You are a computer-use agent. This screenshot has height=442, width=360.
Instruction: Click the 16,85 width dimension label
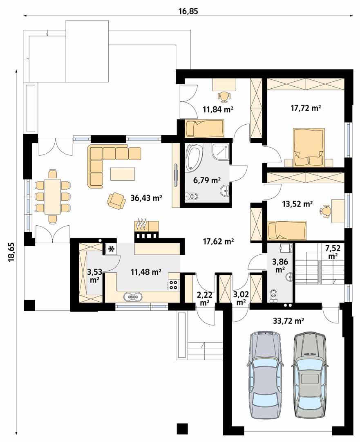pos(188,11)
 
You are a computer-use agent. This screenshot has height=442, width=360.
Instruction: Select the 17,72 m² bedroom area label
pos(304,108)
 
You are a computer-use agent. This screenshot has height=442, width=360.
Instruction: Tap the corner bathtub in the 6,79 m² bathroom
pos(195,158)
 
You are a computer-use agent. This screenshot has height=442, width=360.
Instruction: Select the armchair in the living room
pos(116,200)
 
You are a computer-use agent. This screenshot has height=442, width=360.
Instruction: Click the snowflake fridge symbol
pos(111,249)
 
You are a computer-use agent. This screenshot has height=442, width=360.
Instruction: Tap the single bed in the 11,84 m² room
pos(204,129)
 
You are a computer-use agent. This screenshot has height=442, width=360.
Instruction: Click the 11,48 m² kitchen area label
pos(146,271)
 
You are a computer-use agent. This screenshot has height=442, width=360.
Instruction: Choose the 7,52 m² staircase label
pos(333,251)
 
